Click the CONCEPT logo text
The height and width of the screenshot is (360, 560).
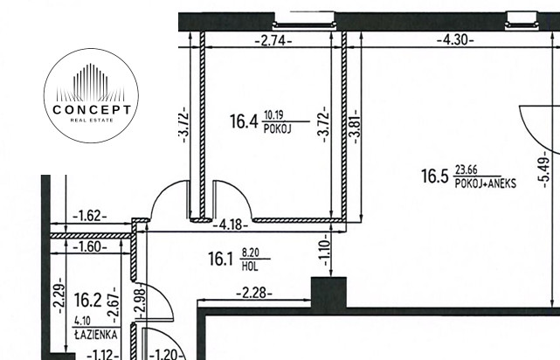(x=92, y=109)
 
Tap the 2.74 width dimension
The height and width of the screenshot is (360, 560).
(x=273, y=41)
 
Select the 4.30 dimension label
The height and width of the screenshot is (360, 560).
(x=455, y=39)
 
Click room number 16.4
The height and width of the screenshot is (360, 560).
(x=244, y=121)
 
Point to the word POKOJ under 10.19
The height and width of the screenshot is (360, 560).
(x=278, y=128)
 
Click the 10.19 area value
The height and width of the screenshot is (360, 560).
(x=273, y=115)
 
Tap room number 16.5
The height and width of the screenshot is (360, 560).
(x=434, y=177)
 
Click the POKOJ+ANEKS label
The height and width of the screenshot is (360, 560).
(x=486, y=183)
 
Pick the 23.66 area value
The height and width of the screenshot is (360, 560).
(x=467, y=170)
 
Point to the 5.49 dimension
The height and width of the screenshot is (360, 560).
(x=544, y=169)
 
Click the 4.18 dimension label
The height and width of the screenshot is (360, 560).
(x=231, y=225)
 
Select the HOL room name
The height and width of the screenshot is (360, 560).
(x=250, y=267)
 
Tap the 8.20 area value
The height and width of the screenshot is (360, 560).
(x=251, y=253)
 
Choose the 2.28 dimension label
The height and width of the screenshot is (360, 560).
(x=254, y=294)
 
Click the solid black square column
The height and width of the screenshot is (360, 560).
(x=328, y=293)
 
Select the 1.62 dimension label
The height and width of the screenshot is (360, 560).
(x=90, y=216)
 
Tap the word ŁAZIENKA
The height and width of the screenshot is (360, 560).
(x=96, y=335)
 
